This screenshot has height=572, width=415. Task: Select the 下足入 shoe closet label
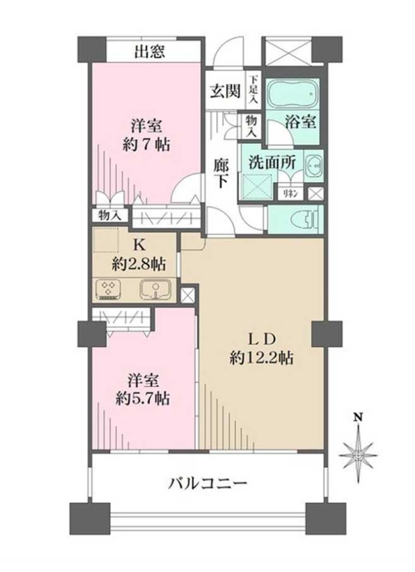[253, 90]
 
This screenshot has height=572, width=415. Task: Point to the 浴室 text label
[301, 122]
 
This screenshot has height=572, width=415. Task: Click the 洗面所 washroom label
[272, 161]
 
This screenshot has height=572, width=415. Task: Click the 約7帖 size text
[146, 144]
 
